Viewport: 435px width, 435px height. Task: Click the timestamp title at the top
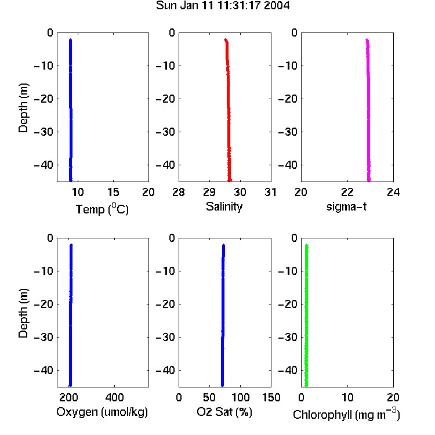click(x=223, y=5)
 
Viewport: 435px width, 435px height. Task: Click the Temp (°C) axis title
click(x=102, y=209)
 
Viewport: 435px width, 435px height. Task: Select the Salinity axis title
click(x=224, y=206)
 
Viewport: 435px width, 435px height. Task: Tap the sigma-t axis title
click(x=346, y=206)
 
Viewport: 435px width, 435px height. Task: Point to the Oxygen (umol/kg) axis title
click(x=102, y=412)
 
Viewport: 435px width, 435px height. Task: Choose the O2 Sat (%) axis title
click(x=224, y=412)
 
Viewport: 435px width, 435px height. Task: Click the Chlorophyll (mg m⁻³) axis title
click(x=346, y=414)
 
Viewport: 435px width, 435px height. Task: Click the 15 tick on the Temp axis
click(x=113, y=192)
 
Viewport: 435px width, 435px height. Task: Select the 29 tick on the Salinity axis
click(x=209, y=192)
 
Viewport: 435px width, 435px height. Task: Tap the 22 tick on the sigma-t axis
click(x=347, y=192)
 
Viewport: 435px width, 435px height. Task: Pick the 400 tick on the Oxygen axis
click(x=114, y=397)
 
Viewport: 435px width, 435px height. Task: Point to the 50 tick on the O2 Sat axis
click(x=209, y=397)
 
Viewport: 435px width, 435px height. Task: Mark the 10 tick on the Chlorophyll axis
click(x=347, y=397)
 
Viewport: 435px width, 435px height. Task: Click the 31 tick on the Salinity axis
click(x=270, y=192)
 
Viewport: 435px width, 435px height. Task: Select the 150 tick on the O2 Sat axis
click(x=271, y=397)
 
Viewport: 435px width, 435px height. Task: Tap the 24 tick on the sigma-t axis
click(x=393, y=192)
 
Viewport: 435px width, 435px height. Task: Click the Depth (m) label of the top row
click(x=23, y=108)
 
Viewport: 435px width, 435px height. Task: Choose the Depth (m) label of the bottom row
click(x=23, y=313)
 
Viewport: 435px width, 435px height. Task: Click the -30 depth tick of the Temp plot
click(x=43, y=132)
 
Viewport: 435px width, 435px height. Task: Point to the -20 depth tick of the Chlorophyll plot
click(x=288, y=304)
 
